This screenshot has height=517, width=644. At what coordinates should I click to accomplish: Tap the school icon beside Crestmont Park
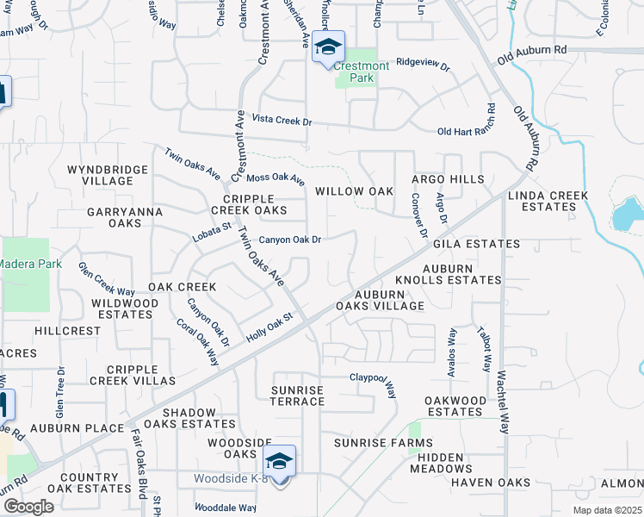click(327, 47)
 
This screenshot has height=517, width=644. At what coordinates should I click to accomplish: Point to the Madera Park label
click(30, 264)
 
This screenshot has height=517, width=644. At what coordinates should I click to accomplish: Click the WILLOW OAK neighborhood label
click(354, 191)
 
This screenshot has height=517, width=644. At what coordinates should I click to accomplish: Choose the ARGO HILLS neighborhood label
click(447, 179)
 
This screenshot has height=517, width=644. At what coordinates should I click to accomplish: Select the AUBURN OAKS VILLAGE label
click(380, 300)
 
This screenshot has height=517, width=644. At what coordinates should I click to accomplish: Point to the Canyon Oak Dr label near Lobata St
click(290, 240)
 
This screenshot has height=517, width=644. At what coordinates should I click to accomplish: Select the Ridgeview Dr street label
click(423, 63)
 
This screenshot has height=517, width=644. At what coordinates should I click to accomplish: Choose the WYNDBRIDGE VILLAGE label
click(108, 175)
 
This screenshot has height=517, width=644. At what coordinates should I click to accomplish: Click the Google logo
click(28, 507)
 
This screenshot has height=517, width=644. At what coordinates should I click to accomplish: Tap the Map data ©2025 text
click(606, 510)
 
